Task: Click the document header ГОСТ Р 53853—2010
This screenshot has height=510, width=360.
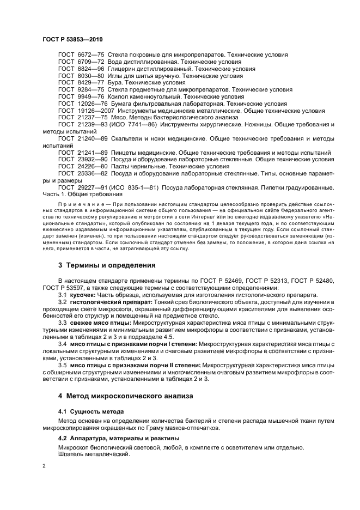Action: [x=72, y=40]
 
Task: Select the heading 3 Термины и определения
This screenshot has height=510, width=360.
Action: [x=107, y=265]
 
